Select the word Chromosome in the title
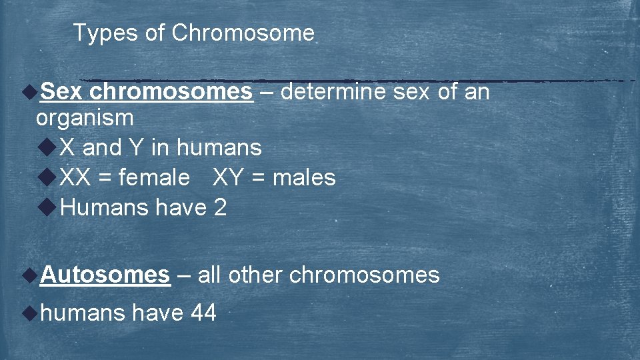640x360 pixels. coord(243,33)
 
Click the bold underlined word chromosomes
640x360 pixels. coord(171,91)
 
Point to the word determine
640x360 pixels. coord(333,91)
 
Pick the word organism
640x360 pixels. coord(85,118)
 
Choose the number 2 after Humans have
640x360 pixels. coord(220,207)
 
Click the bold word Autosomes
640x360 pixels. coord(105,274)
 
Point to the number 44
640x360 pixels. coord(203,312)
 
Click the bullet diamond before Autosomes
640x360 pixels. coord(29,273)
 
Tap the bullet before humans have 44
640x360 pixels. coord(29,311)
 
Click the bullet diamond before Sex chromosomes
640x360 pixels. coord(29,91)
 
